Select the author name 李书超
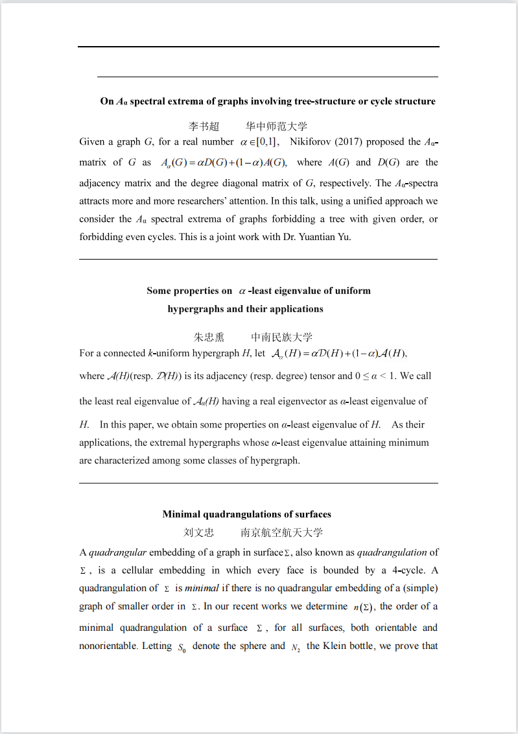[x=204, y=127]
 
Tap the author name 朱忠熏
[x=209, y=337]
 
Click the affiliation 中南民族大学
[x=281, y=337]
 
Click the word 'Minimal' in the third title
[x=182, y=515]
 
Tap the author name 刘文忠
[x=198, y=533]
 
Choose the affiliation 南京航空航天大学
[x=281, y=533]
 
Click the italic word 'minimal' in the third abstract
[x=202, y=589]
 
